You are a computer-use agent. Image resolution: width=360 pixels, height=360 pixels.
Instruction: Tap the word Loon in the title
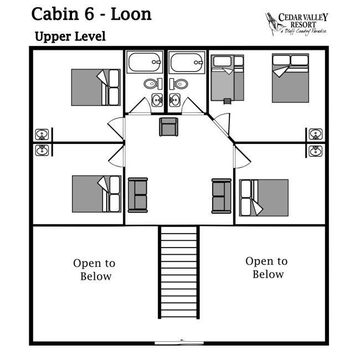[x=131, y=14]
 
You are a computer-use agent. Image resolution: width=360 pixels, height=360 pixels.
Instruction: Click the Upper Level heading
[x=70, y=37]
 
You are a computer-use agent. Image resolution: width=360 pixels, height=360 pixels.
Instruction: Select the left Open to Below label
[x=95, y=270]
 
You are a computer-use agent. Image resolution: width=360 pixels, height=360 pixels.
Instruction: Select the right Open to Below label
[x=267, y=268]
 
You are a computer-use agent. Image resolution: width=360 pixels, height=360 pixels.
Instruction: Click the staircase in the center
[x=179, y=271]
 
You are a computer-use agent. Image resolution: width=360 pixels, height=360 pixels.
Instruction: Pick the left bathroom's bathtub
[x=145, y=62]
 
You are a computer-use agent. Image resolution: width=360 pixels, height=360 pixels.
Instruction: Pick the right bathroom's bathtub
[x=188, y=62]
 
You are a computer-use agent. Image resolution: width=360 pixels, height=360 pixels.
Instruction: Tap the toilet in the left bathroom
[x=150, y=84]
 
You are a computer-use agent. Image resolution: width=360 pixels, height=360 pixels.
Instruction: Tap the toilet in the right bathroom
[x=181, y=84]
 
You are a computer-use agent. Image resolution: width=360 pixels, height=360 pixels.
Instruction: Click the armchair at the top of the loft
[x=168, y=127]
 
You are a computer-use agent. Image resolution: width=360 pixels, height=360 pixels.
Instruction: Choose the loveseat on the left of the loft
[x=138, y=194]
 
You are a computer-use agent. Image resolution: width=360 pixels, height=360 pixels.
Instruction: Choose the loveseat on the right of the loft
[x=221, y=196]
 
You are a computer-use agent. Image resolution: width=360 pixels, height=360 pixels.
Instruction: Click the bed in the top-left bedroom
[x=96, y=87]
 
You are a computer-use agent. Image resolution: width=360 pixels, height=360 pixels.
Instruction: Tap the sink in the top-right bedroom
[x=316, y=134]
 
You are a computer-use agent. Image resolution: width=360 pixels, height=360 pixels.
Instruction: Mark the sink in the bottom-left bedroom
[x=42, y=150]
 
